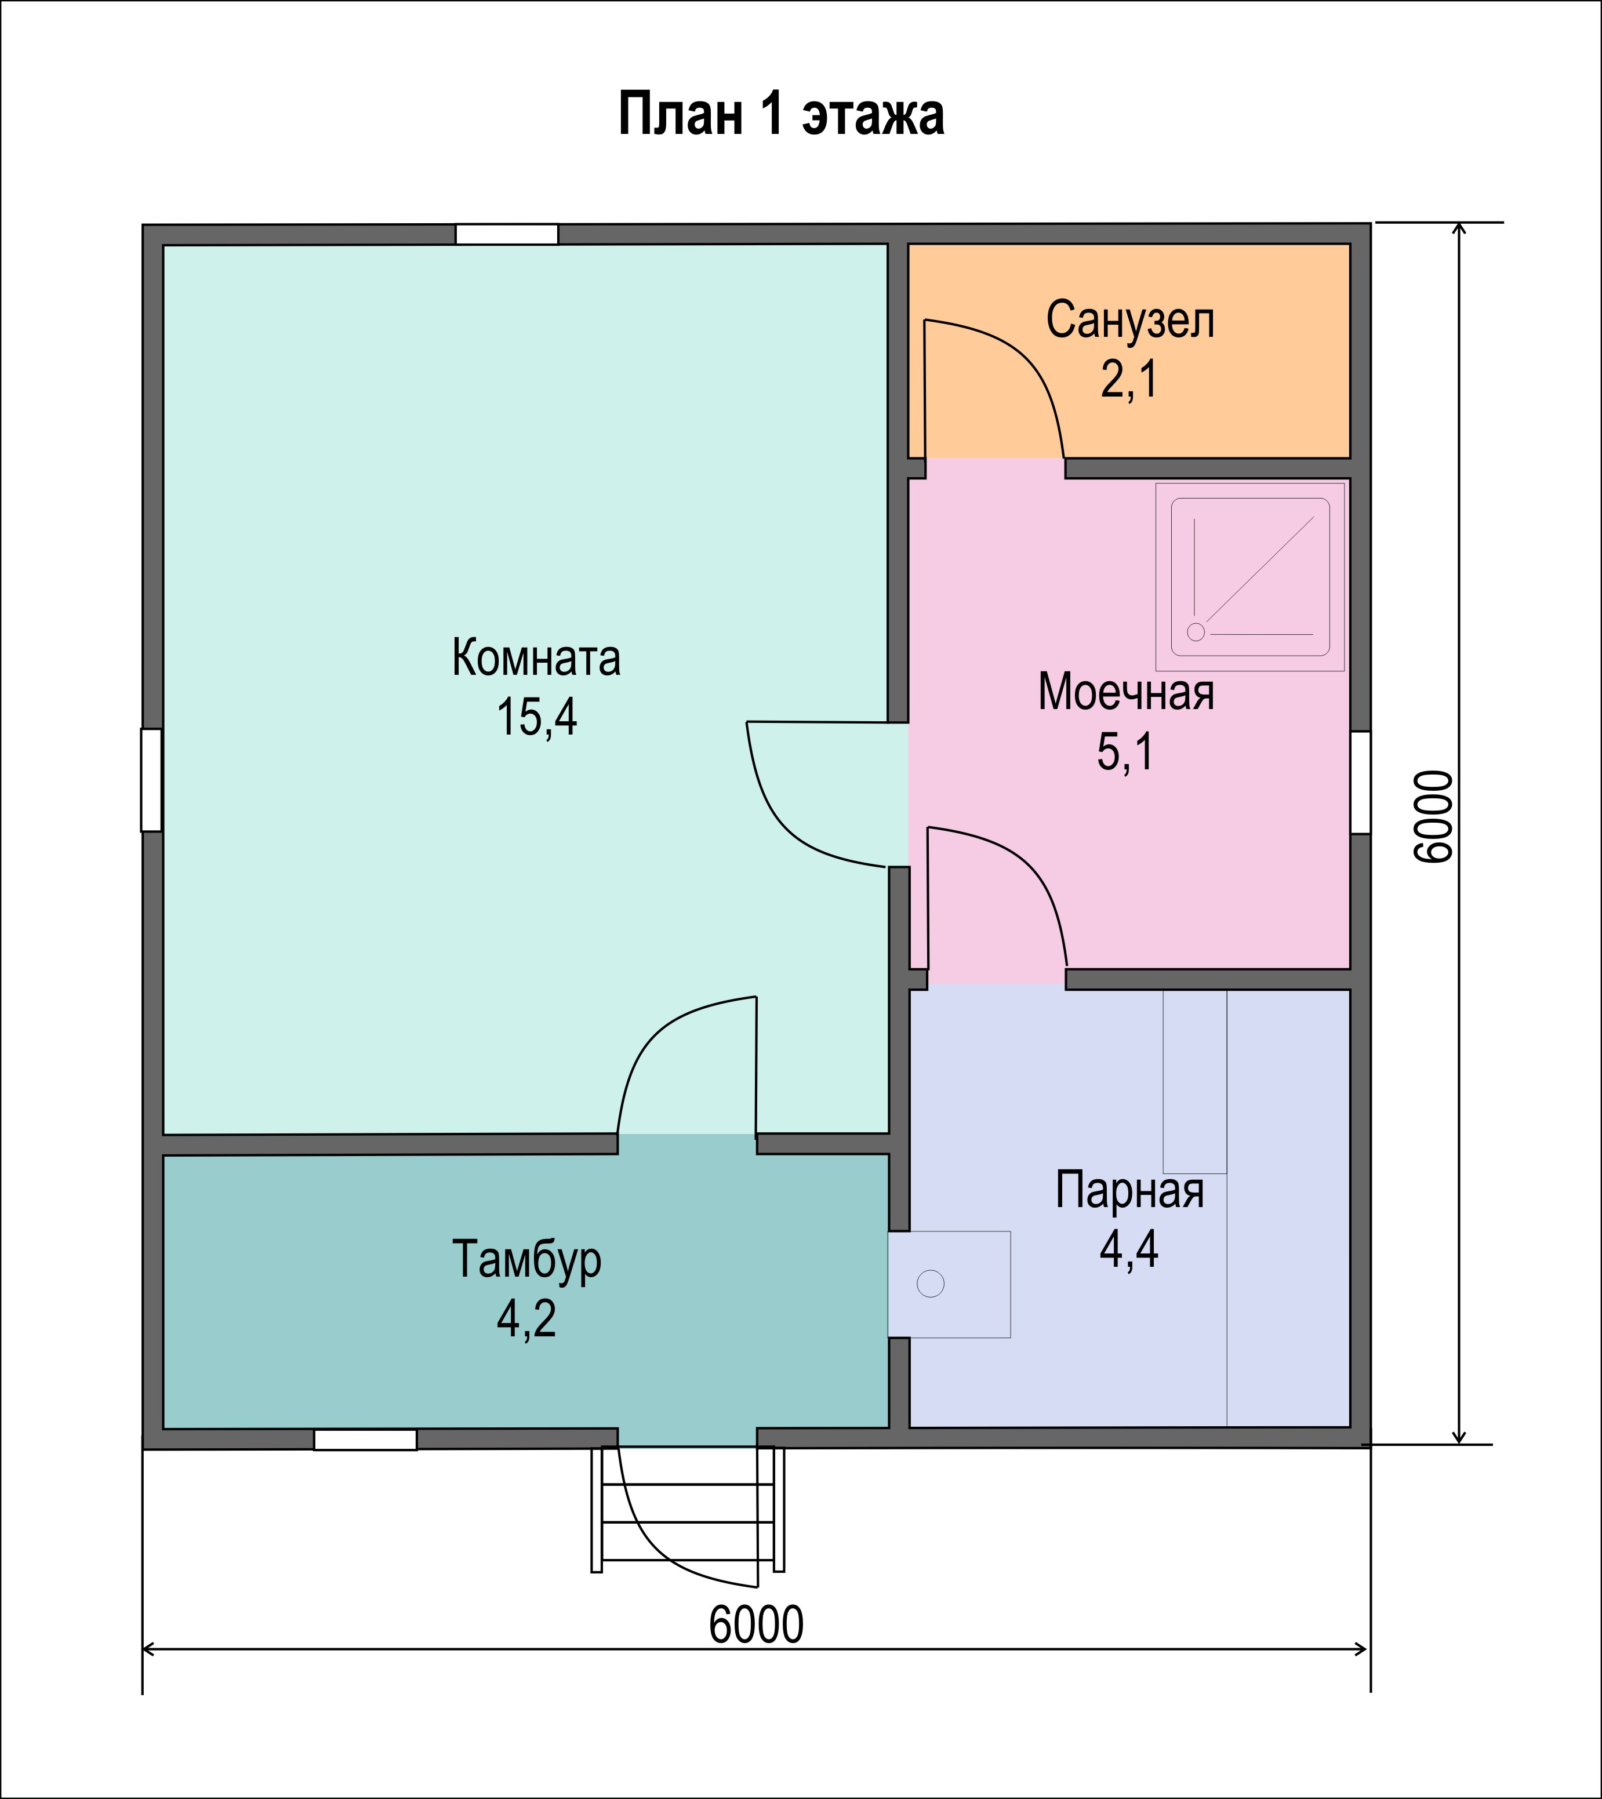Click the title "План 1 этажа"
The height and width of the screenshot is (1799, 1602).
781,114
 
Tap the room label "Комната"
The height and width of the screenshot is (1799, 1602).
536,657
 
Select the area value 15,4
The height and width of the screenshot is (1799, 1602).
537,717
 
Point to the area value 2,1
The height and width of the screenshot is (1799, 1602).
1129,379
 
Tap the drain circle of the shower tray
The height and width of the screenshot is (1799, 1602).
1196,632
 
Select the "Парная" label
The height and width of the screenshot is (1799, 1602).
1129,1190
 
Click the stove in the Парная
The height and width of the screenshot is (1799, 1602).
949,1284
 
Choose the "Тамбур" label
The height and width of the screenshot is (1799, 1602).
526,1259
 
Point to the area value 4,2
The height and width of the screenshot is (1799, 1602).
526,1318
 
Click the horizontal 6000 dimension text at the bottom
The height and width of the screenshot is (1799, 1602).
756,1624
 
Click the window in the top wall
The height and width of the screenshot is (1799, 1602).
506,234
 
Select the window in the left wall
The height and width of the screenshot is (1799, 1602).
151,780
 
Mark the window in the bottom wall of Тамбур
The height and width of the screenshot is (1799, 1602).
365,1439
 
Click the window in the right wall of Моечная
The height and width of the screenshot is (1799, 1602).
1361,782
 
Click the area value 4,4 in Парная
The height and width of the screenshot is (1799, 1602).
1129,1249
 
